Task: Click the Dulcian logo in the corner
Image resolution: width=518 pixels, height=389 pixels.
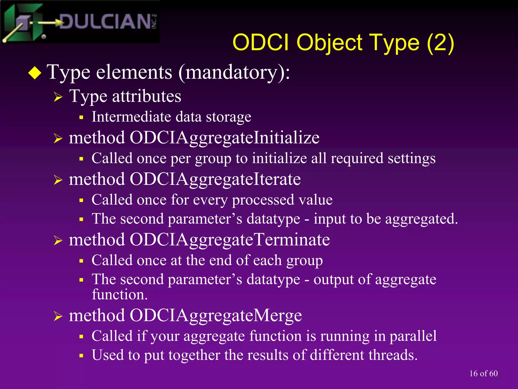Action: pos(80,22)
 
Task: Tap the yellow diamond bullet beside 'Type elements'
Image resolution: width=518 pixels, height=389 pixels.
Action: pos(35,73)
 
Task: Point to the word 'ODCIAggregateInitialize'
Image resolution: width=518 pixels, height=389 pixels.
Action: pos(224,138)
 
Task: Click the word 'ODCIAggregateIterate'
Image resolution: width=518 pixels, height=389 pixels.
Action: pos(215,180)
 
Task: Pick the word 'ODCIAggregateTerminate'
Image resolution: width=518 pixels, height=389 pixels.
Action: pos(230,240)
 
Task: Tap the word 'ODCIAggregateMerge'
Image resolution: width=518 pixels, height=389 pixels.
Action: pos(216,316)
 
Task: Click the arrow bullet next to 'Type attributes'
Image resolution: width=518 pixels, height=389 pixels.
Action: pos(58,97)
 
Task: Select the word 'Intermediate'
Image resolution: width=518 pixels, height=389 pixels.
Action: pos(131,117)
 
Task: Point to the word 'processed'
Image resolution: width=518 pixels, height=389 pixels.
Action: pos(263,200)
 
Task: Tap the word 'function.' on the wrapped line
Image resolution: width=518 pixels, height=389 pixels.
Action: pos(120,295)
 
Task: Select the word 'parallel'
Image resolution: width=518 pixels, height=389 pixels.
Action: pos(413,336)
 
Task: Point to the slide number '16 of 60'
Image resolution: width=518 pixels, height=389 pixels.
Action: pos(483,374)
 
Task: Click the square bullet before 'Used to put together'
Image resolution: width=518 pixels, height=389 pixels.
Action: pos(81,356)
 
